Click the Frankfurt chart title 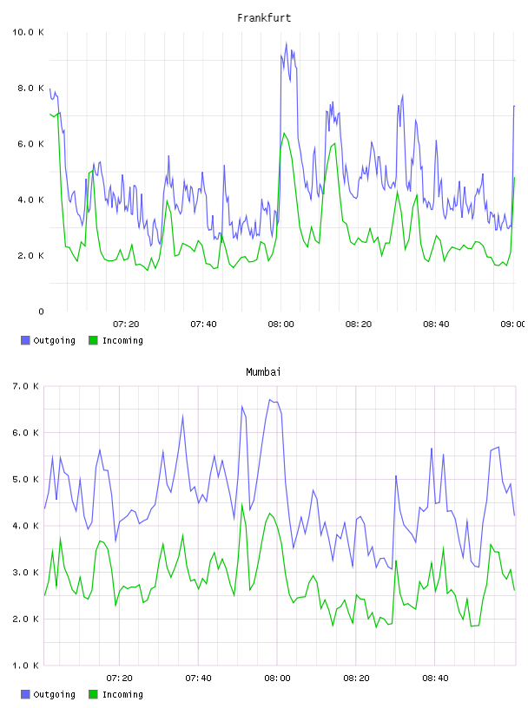[264, 18]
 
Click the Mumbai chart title [263, 372]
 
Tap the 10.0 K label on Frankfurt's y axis [28, 32]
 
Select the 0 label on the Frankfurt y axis [41, 311]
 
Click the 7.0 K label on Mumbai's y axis [25, 386]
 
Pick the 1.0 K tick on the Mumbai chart [25, 665]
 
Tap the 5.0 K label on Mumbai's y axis [25, 479]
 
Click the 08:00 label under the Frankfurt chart [280, 324]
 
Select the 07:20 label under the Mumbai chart [119, 678]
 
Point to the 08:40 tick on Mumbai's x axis [435, 678]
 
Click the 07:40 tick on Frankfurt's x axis [203, 324]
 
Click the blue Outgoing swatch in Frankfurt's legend [25, 340]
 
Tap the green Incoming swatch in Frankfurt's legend [93, 340]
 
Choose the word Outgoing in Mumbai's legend [54, 694]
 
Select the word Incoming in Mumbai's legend [122, 694]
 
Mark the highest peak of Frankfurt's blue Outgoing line [287, 43]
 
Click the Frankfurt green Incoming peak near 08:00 [284, 134]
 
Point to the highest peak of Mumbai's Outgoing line [270, 400]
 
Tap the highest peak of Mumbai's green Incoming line [241, 504]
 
